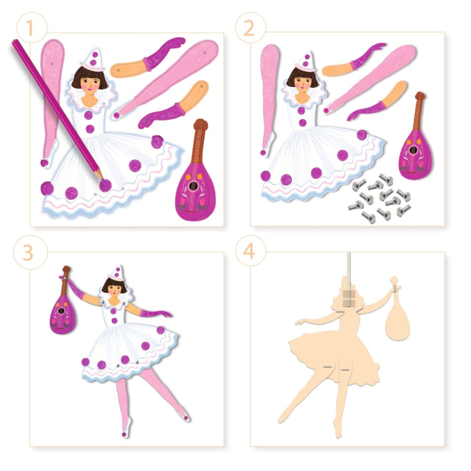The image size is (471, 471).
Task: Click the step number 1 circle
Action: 27,28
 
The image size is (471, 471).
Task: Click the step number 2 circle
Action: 250,28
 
